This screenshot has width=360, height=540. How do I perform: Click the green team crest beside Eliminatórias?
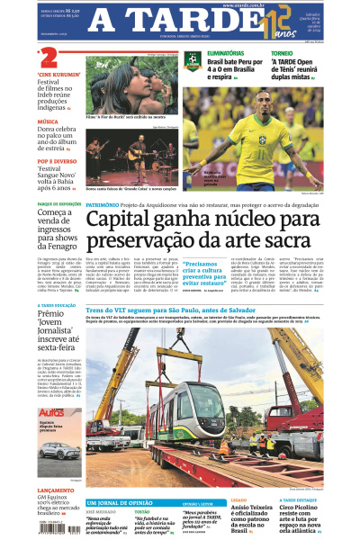190,61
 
